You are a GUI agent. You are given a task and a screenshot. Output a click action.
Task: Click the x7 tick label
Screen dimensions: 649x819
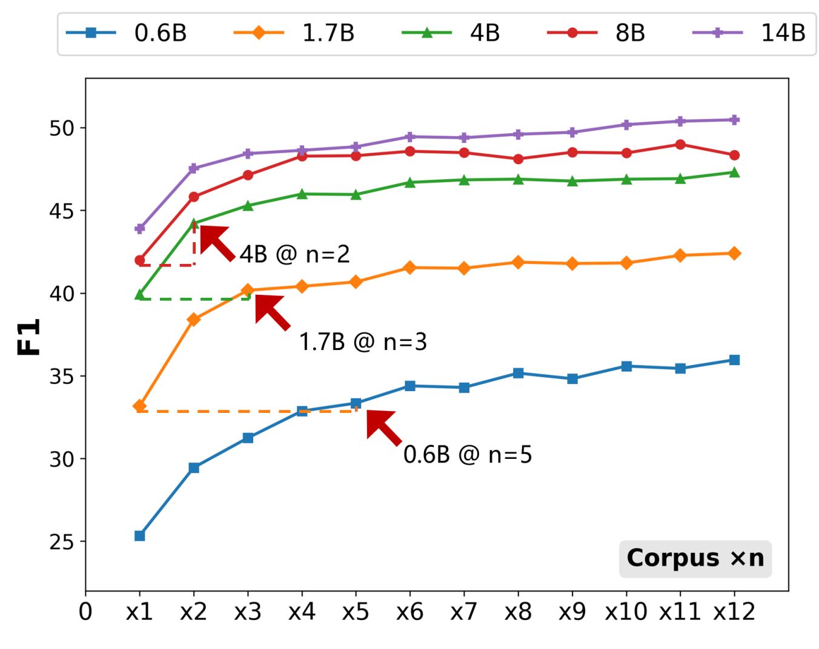click(x=463, y=612)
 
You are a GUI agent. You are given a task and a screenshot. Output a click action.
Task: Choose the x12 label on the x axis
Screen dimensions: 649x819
click(x=734, y=612)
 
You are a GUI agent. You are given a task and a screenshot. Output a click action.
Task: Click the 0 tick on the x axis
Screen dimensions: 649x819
click(x=85, y=612)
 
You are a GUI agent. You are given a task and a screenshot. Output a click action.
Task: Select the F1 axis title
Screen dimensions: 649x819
click(x=29, y=337)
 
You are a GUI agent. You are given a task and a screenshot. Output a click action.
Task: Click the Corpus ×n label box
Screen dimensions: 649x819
click(x=695, y=558)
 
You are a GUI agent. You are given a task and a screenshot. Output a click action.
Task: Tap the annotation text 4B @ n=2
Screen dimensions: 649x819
click(x=294, y=254)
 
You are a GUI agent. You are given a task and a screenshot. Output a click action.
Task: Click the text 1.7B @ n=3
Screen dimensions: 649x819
click(x=363, y=343)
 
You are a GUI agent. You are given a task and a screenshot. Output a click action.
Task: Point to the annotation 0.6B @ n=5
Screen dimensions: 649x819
click(x=468, y=455)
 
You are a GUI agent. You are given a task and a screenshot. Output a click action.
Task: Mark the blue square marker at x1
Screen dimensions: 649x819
click(x=140, y=536)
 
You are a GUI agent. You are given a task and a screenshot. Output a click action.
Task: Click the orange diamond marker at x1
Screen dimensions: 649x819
click(x=140, y=406)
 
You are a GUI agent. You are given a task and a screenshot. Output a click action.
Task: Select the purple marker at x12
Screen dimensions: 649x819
click(x=734, y=120)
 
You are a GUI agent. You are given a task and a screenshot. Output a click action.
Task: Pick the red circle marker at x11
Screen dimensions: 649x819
click(x=680, y=145)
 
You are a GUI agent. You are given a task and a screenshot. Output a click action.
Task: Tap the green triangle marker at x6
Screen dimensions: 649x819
click(x=410, y=182)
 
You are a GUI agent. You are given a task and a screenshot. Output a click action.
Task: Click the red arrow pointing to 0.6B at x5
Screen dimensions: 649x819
click(x=383, y=427)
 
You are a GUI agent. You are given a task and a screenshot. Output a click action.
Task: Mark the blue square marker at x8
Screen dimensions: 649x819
click(x=518, y=374)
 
